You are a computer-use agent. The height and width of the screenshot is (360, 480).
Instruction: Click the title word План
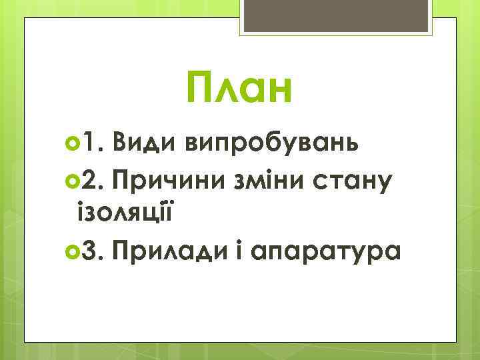tap(239, 89)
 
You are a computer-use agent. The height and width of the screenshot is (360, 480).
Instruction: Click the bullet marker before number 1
tap(73, 142)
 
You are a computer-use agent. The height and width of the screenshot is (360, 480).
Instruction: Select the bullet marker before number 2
tap(73, 179)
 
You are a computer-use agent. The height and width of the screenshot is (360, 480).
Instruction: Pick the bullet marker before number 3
tap(73, 251)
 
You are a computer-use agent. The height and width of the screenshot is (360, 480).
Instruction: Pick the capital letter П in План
tap(202, 89)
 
